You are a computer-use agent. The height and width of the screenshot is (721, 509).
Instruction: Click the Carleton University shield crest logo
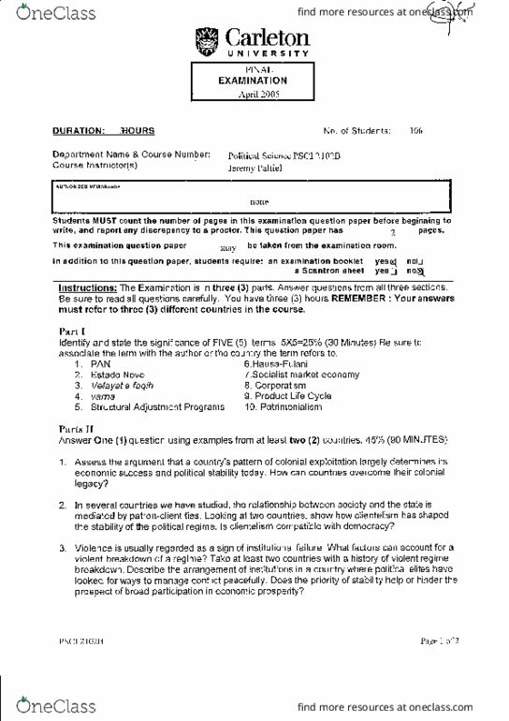pyautogui.click(x=205, y=41)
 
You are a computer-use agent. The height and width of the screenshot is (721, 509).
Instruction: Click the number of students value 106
pyautogui.click(x=416, y=132)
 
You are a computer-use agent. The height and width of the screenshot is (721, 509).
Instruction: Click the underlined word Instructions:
pyautogui.click(x=88, y=287)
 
